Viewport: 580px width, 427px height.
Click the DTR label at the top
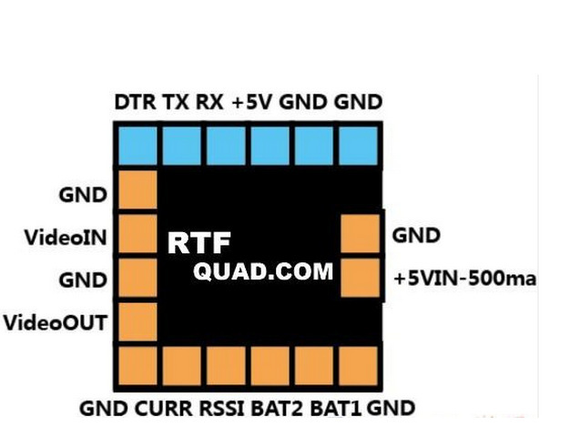136,102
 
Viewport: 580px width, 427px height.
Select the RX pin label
209,102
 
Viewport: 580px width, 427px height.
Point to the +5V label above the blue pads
250,102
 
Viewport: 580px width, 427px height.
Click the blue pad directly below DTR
137,144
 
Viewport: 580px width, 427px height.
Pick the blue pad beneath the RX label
226,144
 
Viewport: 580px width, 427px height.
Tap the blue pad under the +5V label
270,144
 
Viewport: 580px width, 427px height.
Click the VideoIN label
66,238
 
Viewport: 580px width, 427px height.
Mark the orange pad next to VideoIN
137,233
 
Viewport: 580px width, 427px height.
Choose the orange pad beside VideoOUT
137,320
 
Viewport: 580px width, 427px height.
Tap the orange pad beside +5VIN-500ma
359,278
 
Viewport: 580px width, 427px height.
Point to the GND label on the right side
416,236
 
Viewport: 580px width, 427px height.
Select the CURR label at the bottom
161,408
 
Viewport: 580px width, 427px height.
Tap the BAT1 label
336,408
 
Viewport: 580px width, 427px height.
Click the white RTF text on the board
199,243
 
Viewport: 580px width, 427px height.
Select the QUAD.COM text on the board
263,270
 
